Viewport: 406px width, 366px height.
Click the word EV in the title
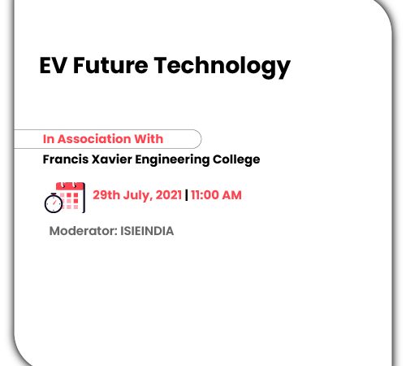point(53,65)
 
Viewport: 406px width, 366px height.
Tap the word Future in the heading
point(110,65)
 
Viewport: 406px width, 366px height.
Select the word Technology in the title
point(222,67)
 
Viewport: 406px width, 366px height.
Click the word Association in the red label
point(94,139)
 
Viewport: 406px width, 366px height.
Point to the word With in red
point(149,139)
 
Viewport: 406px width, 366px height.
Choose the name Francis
point(66,159)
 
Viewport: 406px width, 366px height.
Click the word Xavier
point(112,159)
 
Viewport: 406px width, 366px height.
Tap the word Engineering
point(172,160)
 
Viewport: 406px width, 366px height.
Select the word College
point(236,160)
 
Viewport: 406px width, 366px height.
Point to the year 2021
point(169,195)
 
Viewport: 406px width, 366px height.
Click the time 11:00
point(205,195)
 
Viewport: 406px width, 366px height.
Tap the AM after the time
point(231,195)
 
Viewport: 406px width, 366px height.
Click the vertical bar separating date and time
point(186,195)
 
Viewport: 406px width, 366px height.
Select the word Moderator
point(83,231)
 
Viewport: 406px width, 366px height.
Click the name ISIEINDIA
point(147,231)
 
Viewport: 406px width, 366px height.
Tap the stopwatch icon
point(54,203)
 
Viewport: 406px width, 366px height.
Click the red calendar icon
point(71,197)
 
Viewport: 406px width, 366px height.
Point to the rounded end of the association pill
point(201,139)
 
